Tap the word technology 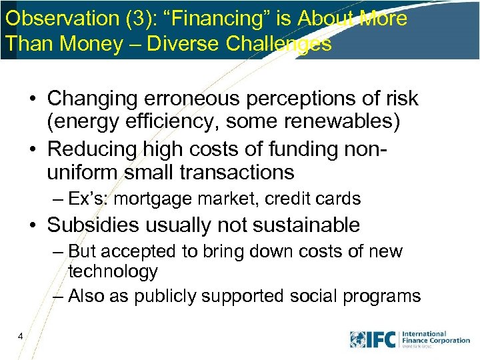click(x=113, y=271)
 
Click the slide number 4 click(x=21, y=337)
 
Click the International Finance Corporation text click(x=435, y=337)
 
